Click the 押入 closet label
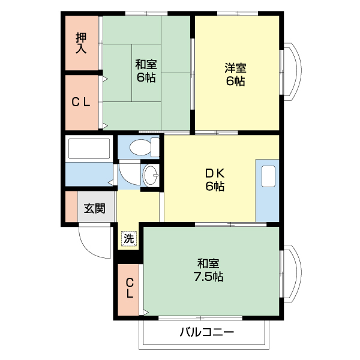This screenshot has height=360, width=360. (x=81, y=43)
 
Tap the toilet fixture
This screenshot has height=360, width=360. (x=139, y=146)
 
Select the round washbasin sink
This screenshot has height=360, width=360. (x=151, y=177)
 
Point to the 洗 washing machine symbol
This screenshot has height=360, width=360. (x=129, y=238)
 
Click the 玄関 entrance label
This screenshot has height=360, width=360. (x=94, y=208)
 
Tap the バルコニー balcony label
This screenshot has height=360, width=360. (x=205, y=332)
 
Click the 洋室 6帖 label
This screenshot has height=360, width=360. (x=235, y=74)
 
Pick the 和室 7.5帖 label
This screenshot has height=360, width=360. (x=208, y=269)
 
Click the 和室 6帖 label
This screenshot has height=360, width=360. (x=145, y=70)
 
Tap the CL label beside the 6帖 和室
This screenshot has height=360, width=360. (x=81, y=102)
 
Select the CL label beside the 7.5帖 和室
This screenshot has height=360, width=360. (x=129, y=289)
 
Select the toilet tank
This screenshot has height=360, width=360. (x=155, y=146)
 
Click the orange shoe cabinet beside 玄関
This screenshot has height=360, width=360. (x=71, y=207)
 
